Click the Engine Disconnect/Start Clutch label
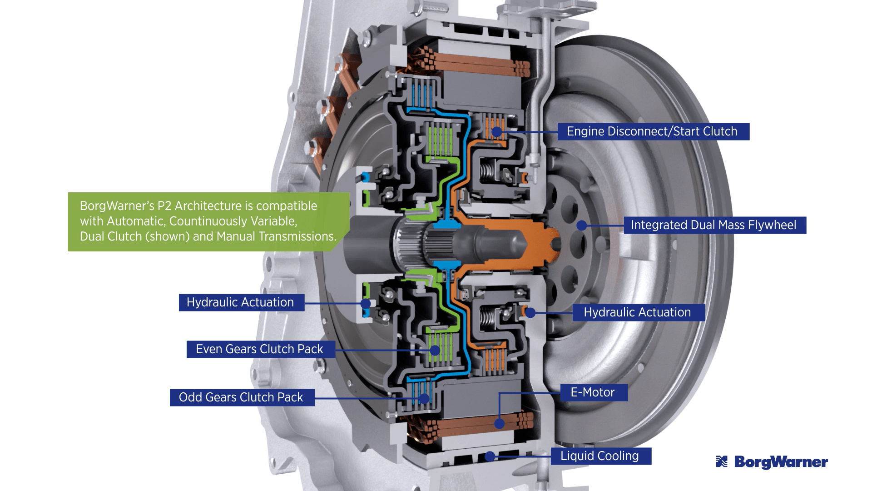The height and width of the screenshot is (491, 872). coord(653,131)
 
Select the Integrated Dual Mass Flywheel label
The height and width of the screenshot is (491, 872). coord(714,225)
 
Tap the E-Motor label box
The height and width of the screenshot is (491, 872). coord(593,392)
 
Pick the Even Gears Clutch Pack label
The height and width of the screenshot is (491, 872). coord(260,349)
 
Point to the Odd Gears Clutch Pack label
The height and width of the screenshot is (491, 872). coord(242,397)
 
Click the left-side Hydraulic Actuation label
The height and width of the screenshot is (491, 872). coord(241,302)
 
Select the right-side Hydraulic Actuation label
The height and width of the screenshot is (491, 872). coord(638,312)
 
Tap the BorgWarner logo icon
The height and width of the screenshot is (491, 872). coord(722,462)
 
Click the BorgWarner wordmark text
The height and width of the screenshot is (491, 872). coord(781,462)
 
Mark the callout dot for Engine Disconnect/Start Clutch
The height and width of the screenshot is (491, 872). coord(497,132)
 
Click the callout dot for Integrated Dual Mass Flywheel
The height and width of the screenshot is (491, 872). coord(582,225)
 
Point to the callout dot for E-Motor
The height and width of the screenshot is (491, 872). coord(499,424)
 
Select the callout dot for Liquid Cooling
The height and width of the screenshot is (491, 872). coord(490,456)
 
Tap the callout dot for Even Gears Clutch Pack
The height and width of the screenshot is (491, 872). coord(435,350)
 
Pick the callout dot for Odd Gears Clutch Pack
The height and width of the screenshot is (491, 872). coord(424,399)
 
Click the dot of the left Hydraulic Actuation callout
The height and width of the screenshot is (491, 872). coord(366,303)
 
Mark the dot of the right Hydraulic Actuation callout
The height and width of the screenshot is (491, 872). coord(530,313)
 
